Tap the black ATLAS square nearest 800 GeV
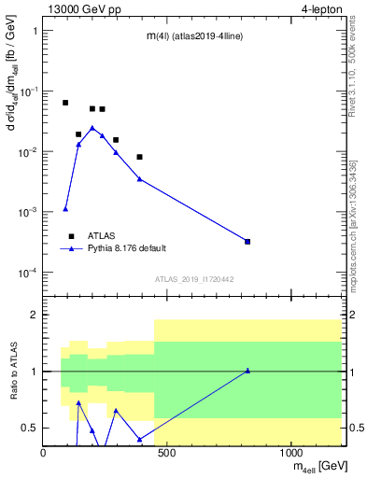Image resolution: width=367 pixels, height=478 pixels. click(247, 242)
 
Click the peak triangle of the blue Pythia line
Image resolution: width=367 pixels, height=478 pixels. click(92, 127)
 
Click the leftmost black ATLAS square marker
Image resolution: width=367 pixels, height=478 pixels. click(65, 103)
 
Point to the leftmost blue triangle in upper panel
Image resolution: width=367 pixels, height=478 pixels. click(65, 209)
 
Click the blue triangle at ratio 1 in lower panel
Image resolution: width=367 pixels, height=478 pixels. click(247, 371)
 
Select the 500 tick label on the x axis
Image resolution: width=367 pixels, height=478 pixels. click(167, 453)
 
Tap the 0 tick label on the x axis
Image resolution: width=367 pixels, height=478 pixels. click(44, 453)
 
